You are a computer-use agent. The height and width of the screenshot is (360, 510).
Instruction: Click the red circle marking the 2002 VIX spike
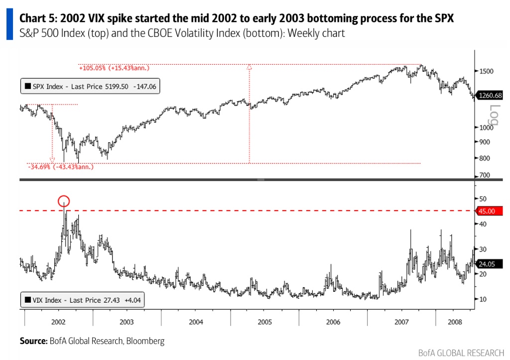tap(64, 201)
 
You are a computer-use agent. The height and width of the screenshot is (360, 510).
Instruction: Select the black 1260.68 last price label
tap(490, 96)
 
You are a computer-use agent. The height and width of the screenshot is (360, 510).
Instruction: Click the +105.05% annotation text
tap(114, 68)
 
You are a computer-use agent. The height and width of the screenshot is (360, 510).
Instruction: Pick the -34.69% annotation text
tap(60, 167)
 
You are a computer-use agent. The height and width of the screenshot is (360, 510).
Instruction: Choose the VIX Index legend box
tap(82, 300)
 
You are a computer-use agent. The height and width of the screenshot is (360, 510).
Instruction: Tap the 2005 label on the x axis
tap(264, 322)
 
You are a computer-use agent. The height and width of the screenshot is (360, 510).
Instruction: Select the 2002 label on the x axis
tap(58, 322)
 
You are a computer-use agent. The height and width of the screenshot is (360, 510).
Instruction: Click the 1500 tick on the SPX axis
tap(485, 71)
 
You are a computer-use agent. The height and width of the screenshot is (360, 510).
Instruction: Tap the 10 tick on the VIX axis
tap(482, 299)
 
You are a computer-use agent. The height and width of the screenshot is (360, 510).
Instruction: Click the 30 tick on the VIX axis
tap(482, 249)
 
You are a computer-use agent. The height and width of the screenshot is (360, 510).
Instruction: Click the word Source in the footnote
tap(33, 341)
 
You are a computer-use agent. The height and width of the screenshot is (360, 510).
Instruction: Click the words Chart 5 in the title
tap(38, 19)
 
